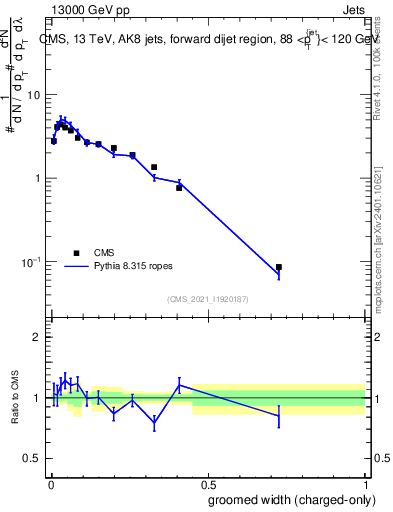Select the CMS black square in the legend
coord(76,253)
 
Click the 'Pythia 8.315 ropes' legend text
coord(132,267)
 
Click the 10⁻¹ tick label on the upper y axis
coord(30,262)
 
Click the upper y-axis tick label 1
coord(38,179)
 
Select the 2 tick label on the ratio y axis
coord(38,338)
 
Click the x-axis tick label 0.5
coord(208,484)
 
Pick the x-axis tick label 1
coord(365,484)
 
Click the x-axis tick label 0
coord(51,484)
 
